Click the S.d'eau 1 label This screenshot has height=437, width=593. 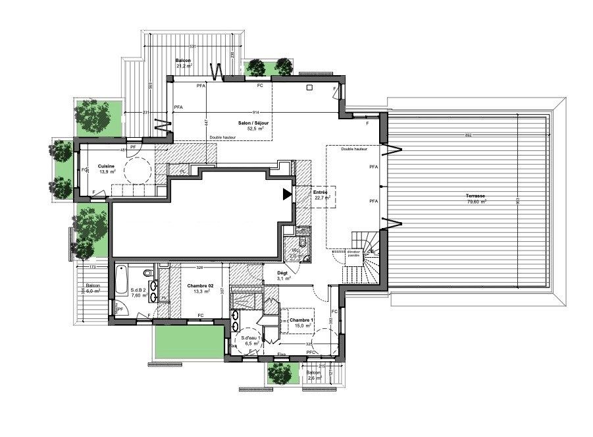pyautogui.click(x=249, y=340)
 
